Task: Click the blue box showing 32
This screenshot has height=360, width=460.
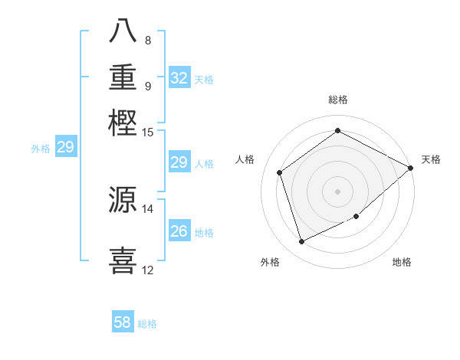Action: [x=179, y=78]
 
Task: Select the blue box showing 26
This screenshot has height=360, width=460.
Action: [x=179, y=231]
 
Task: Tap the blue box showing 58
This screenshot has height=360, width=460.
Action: [x=123, y=322]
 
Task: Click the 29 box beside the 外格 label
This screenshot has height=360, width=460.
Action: [x=65, y=148]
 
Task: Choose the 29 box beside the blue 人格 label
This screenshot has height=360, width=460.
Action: [x=179, y=162]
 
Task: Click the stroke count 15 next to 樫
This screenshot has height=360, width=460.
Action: [x=148, y=132]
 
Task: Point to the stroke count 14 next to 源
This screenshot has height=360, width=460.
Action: [x=148, y=208]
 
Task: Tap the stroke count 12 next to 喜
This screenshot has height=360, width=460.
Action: [x=148, y=270]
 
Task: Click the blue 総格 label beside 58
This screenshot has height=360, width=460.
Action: [x=147, y=324]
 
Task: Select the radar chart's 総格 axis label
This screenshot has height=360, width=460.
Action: [x=337, y=100]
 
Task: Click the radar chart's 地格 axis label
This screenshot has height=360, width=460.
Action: [x=402, y=262]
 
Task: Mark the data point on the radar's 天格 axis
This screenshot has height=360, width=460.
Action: [x=411, y=168]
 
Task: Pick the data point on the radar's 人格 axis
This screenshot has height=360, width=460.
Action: [x=280, y=173]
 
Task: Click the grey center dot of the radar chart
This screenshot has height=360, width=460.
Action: [x=337, y=191]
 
